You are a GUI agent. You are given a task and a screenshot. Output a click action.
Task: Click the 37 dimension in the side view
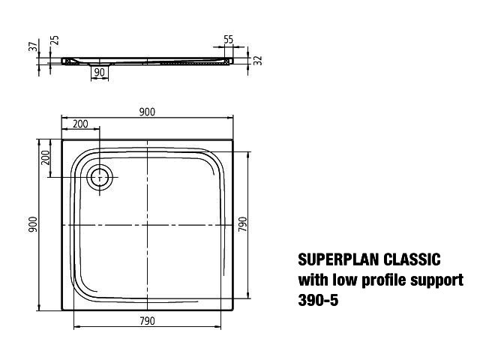[x=34, y=46]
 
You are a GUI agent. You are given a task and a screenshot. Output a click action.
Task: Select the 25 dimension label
[x=55, y=40]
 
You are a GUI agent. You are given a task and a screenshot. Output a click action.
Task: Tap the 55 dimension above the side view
[x=228, y=40]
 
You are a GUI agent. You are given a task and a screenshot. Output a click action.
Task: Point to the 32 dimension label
[x=259, y=60]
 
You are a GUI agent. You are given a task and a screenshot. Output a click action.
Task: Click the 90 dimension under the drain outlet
[x=99, y=72]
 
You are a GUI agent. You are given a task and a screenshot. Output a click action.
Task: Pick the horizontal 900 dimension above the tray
[x=147, y=112]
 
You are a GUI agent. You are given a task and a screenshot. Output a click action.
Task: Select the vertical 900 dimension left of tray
[x=33, y=224]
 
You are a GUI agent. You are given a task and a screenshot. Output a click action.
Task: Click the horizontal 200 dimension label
[x=80, y=124]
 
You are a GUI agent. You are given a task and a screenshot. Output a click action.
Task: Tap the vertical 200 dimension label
[x=45, y=157]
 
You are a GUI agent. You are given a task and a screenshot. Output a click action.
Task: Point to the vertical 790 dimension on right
[x=242, y=224]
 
